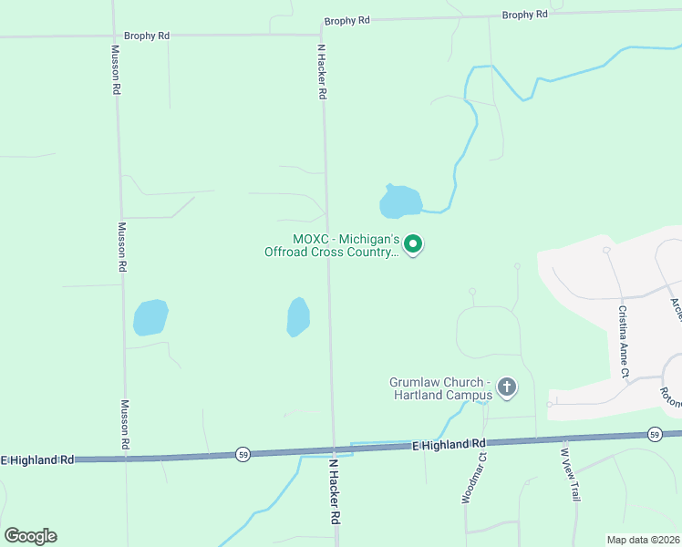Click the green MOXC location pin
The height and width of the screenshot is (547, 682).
[x=413, y=243]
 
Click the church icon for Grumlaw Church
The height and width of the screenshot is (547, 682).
[x=507, y=388]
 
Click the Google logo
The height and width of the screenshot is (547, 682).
[x=30, y=536]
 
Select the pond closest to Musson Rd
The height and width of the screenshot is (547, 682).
[x=150, y=317]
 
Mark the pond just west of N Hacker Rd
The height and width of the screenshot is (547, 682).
[x=298, y=316]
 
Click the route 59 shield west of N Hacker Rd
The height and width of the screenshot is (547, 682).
[x=242, y=453]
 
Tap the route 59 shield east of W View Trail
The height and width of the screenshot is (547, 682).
[x=654, y=433]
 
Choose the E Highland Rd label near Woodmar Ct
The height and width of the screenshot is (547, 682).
[x=449, y=445]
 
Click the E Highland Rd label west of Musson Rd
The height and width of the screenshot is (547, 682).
[x=37, y=460]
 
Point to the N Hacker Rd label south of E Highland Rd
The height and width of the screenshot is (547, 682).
[x=335, y=502]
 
